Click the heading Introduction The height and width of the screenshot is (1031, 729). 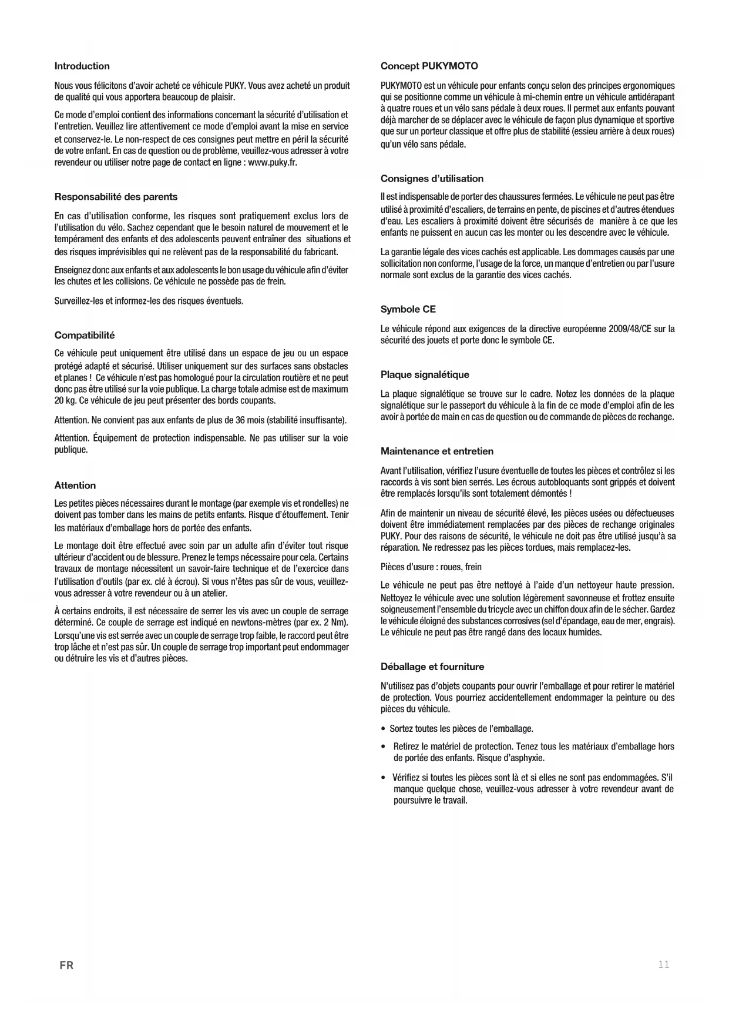(82, 66)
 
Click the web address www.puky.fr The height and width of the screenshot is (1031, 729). (273, 163)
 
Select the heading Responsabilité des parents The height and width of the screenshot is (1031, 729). (116, 197)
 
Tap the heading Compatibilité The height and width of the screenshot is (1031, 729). (85, 335)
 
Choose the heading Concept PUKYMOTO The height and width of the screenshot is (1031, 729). (429, 66)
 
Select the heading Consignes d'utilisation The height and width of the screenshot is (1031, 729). (432, 179)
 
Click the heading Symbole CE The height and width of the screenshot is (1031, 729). (408, 309)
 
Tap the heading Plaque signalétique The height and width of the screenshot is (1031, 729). (425, 374)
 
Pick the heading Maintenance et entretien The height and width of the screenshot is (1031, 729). (437, 451)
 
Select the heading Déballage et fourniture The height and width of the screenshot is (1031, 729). (432, 667)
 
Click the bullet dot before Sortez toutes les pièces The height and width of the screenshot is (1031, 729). (383, 729)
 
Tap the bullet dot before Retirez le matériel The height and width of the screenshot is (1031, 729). (383, 747)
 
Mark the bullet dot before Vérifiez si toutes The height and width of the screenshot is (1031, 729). (383, 778)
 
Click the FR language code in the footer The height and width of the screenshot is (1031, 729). (66, 966)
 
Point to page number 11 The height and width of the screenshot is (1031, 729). (664, 965)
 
